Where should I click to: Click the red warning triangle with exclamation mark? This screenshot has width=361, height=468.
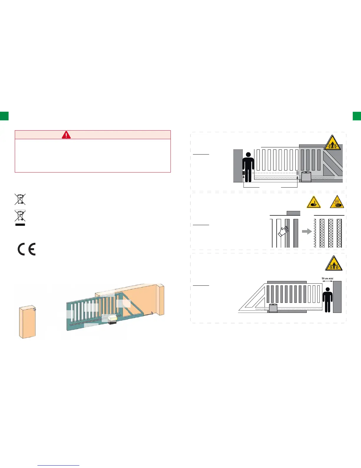coord(66,135)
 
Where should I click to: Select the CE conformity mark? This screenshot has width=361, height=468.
coord(27,249)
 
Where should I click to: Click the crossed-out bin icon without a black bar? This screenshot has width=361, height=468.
coord(20,199)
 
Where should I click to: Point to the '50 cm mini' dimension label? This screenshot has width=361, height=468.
coord(327,278)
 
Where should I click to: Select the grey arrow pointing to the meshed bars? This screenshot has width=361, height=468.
coord(307,231)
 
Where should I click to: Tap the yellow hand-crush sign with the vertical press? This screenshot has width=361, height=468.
coord(314,202)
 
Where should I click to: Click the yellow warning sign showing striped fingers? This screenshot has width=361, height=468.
coord(337,202)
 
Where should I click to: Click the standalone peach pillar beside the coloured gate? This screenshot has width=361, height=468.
coord(27,322)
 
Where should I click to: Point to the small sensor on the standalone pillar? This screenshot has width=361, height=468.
coord(35,309)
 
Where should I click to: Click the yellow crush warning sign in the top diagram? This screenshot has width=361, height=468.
coord(332,143)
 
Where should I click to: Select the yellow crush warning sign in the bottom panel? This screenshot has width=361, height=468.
coord(334,264)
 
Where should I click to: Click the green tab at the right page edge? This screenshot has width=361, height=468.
coord(357,116)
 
